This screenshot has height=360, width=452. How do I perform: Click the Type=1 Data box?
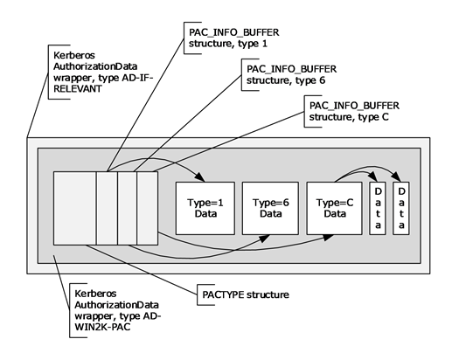click(204, 207)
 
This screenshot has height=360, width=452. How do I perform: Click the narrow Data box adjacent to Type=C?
click(379, 207)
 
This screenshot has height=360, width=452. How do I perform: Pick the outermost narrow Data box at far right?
click(401, 207)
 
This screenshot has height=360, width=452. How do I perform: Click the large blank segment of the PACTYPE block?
click(74, 207)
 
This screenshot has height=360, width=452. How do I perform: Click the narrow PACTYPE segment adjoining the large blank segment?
click(106, 207)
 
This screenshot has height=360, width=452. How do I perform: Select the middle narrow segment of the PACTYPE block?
click(127, 207)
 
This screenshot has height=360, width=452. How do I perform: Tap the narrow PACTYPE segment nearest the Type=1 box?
click(146, 207)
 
